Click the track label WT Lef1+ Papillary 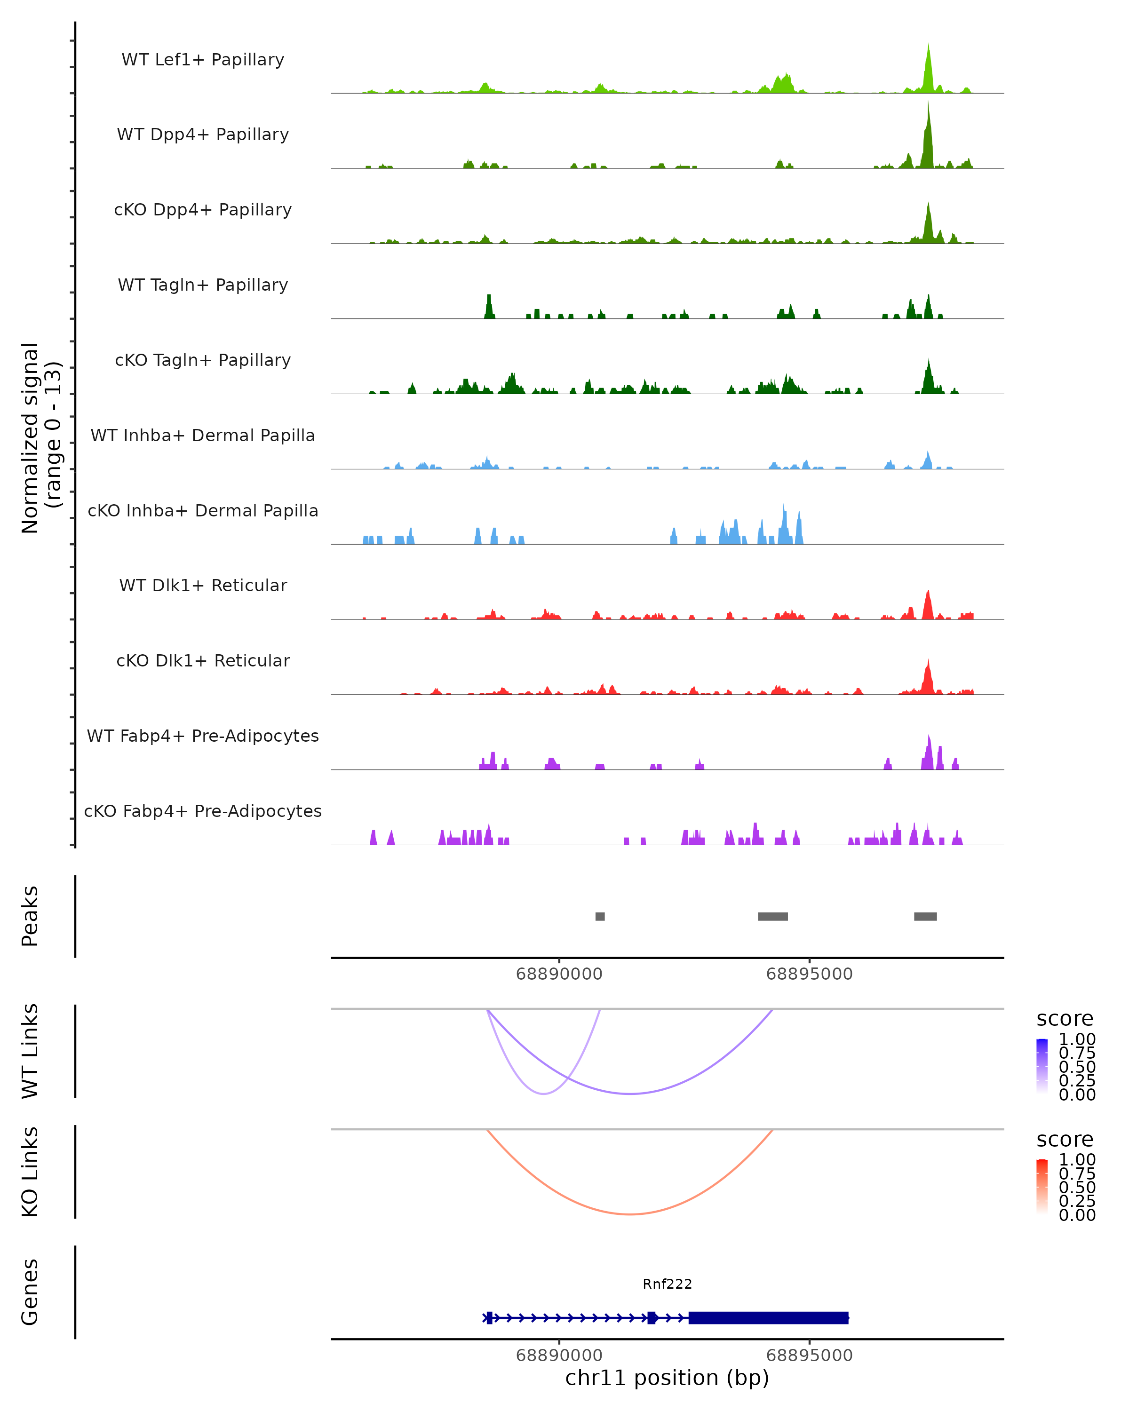203,60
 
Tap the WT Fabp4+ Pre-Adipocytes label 203,736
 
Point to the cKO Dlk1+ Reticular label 203,660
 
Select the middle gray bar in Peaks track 772,916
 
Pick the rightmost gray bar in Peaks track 925,916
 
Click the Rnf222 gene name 667,1284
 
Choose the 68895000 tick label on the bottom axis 809,1356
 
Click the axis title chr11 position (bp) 667,1378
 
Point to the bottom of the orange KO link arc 629,1214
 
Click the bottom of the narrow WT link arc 543,1094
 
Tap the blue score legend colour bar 1042,1066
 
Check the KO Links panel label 30,1172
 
